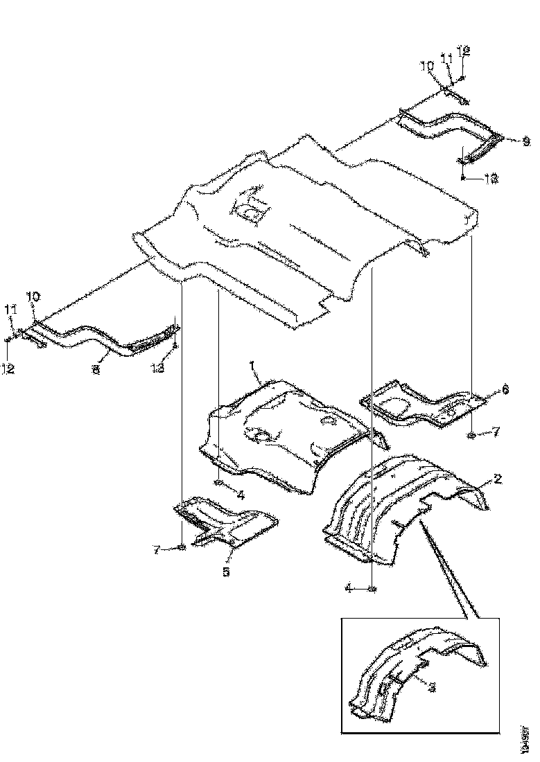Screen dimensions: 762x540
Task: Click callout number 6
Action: [505, 391]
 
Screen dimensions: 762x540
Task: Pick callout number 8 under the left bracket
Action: [96, 371]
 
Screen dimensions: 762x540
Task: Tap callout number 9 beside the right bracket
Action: [525, 141]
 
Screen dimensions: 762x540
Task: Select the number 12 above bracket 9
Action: [464, 50]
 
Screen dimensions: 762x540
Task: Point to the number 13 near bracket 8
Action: [158, 369]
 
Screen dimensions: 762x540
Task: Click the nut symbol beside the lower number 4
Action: [372, 589]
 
